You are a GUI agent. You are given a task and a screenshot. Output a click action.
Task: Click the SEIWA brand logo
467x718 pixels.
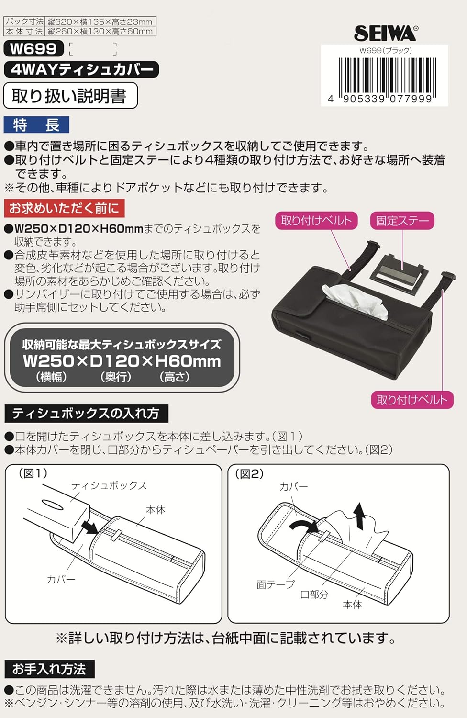pos(385,33)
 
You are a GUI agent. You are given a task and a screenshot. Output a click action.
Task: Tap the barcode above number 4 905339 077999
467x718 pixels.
pos(386,75)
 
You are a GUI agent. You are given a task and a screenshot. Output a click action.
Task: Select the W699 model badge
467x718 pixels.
pos(33,48)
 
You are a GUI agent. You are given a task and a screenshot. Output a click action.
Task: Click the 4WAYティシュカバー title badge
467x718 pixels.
pos(81,69)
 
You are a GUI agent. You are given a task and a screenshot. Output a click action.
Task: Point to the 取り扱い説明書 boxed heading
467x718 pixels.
pos(70,96)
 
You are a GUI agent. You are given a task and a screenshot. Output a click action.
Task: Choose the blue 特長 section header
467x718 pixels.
pos(36,125)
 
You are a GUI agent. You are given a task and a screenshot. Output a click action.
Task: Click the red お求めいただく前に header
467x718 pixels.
pos(64,209)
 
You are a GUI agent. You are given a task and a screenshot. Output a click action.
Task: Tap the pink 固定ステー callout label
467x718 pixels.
pos(402,221)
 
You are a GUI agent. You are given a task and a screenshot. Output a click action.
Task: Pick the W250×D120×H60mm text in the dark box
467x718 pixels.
pos(122,361)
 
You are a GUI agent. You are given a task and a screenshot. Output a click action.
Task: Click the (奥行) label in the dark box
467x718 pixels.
pos(116,377)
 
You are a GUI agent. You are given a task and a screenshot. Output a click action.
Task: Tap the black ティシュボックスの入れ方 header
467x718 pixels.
pos(86,413)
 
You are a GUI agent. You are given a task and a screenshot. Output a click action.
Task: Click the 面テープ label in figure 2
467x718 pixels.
pos(275,584)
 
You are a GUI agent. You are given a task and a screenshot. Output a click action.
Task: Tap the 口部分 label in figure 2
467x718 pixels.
pos(314,595)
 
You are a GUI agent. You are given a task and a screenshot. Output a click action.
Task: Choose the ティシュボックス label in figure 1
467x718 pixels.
pos(109,485)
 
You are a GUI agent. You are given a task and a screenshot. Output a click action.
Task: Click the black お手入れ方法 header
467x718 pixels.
pos(49,669)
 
